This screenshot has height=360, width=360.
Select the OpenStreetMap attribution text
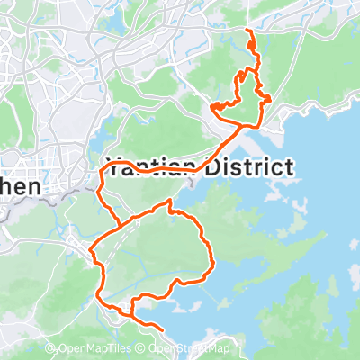click(192, 350)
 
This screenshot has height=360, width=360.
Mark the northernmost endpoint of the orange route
click(247, 31)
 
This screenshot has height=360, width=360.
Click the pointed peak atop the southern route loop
click(169, 203)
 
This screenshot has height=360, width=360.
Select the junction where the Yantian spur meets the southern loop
click(121, 225)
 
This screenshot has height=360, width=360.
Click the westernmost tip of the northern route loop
click(212, 108)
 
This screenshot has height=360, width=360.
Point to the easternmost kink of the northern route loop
click(270, 97)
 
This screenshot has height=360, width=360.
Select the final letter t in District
click(288, 167)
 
